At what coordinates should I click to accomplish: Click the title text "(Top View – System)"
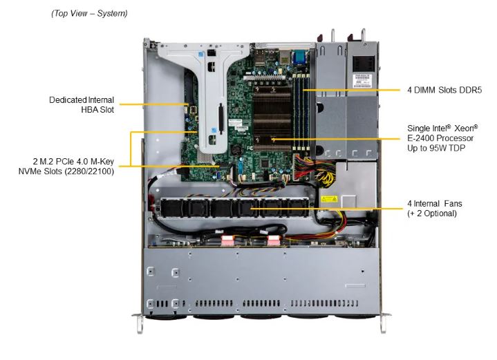[89, 13]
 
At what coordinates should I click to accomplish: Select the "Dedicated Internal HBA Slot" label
[82, 104]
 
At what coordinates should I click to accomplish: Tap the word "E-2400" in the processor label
[422, 138]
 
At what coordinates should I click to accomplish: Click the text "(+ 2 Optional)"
[432, 214]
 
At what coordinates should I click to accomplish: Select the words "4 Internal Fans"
[435, 204]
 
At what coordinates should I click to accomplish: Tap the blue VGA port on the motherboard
[299, 59]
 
